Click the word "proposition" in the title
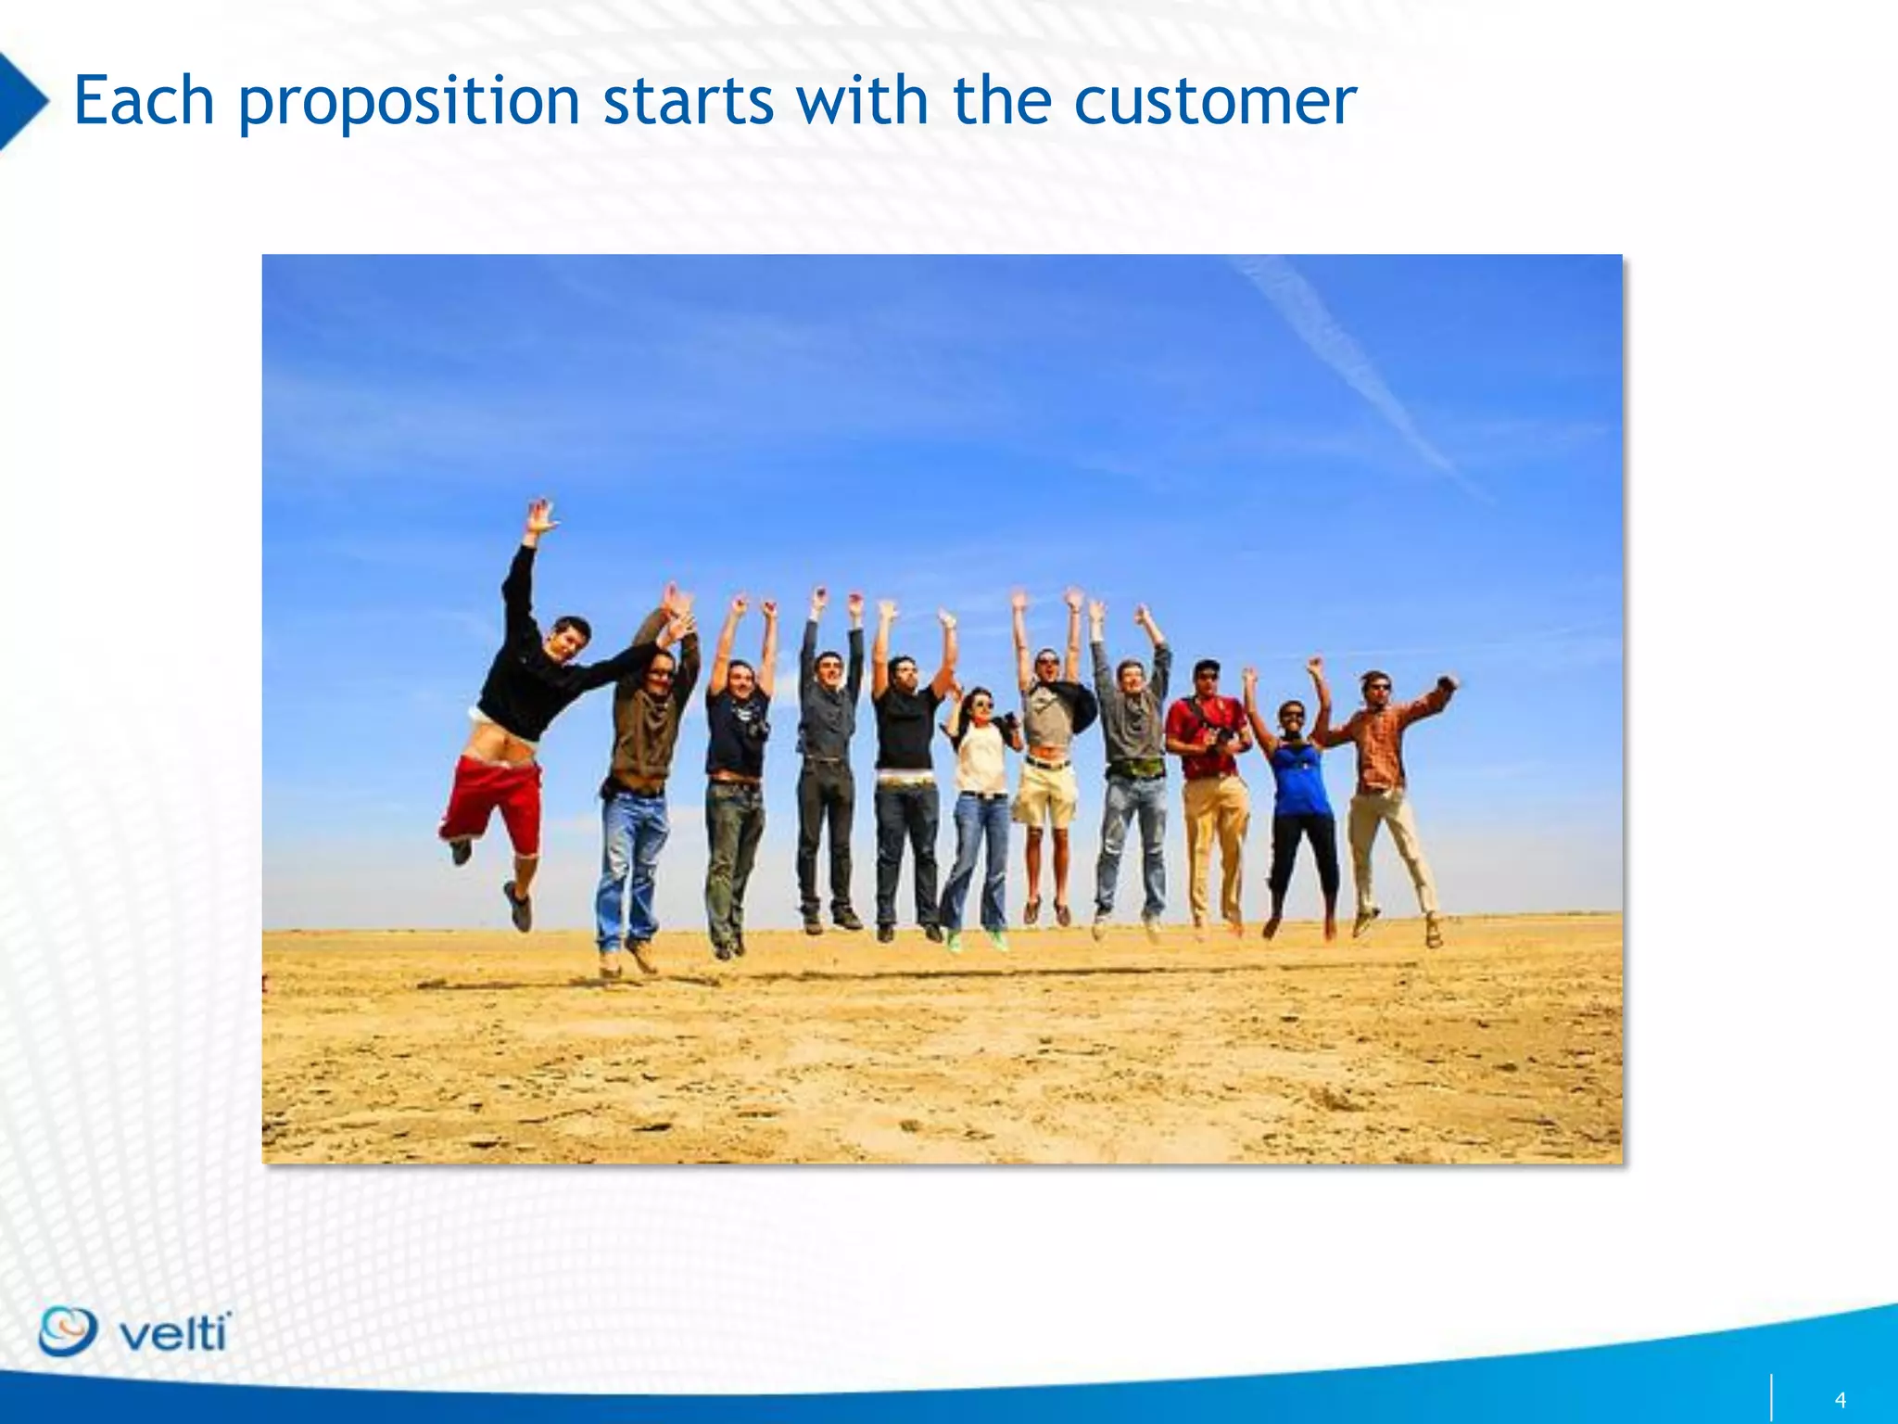[408, 102]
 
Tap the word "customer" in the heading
[1214, 102]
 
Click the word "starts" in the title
[688, 102]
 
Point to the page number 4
[1840, 1400]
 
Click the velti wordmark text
[174, 1335]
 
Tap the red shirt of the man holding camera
[1205, 732]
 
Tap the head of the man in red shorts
[567, 638]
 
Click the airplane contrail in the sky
[1362, 371]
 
